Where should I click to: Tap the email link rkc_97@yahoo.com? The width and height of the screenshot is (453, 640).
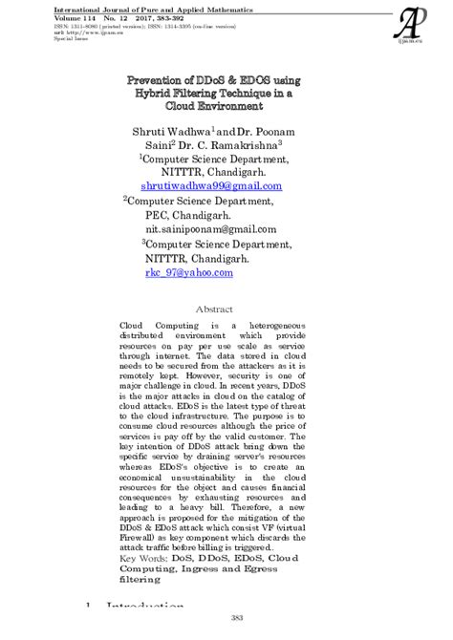pyautogui.click(x=189, y=272)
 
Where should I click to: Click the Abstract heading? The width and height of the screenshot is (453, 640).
pyautogui.click(x=214, y=309)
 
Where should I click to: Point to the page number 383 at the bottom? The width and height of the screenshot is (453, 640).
pyautogui.click(x=226, y=618)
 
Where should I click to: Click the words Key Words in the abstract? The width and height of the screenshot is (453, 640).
pyautogui.click(x=143, y=557)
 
